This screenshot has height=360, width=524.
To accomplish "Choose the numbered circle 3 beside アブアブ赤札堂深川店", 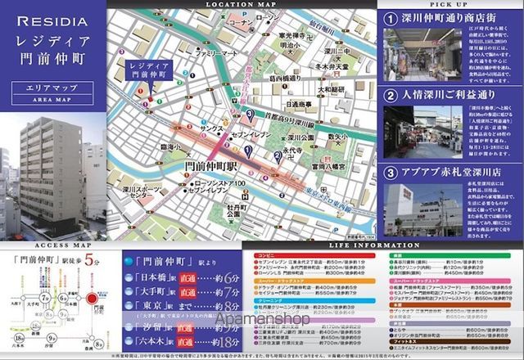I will (391, 173).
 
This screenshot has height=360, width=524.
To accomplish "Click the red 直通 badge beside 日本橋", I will (187, 278).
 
